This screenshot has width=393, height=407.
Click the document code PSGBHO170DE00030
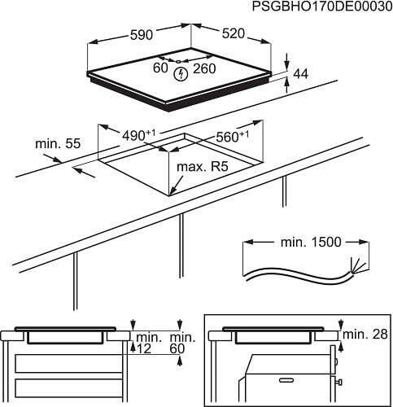coord(321,7)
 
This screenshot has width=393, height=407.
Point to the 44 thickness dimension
coord(302,74)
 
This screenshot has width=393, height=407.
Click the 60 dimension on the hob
coord(160,69)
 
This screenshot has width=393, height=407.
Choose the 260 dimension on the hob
coord(204,69)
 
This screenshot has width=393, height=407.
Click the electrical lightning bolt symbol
coord(181,73)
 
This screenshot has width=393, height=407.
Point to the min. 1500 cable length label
coord(307,243)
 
